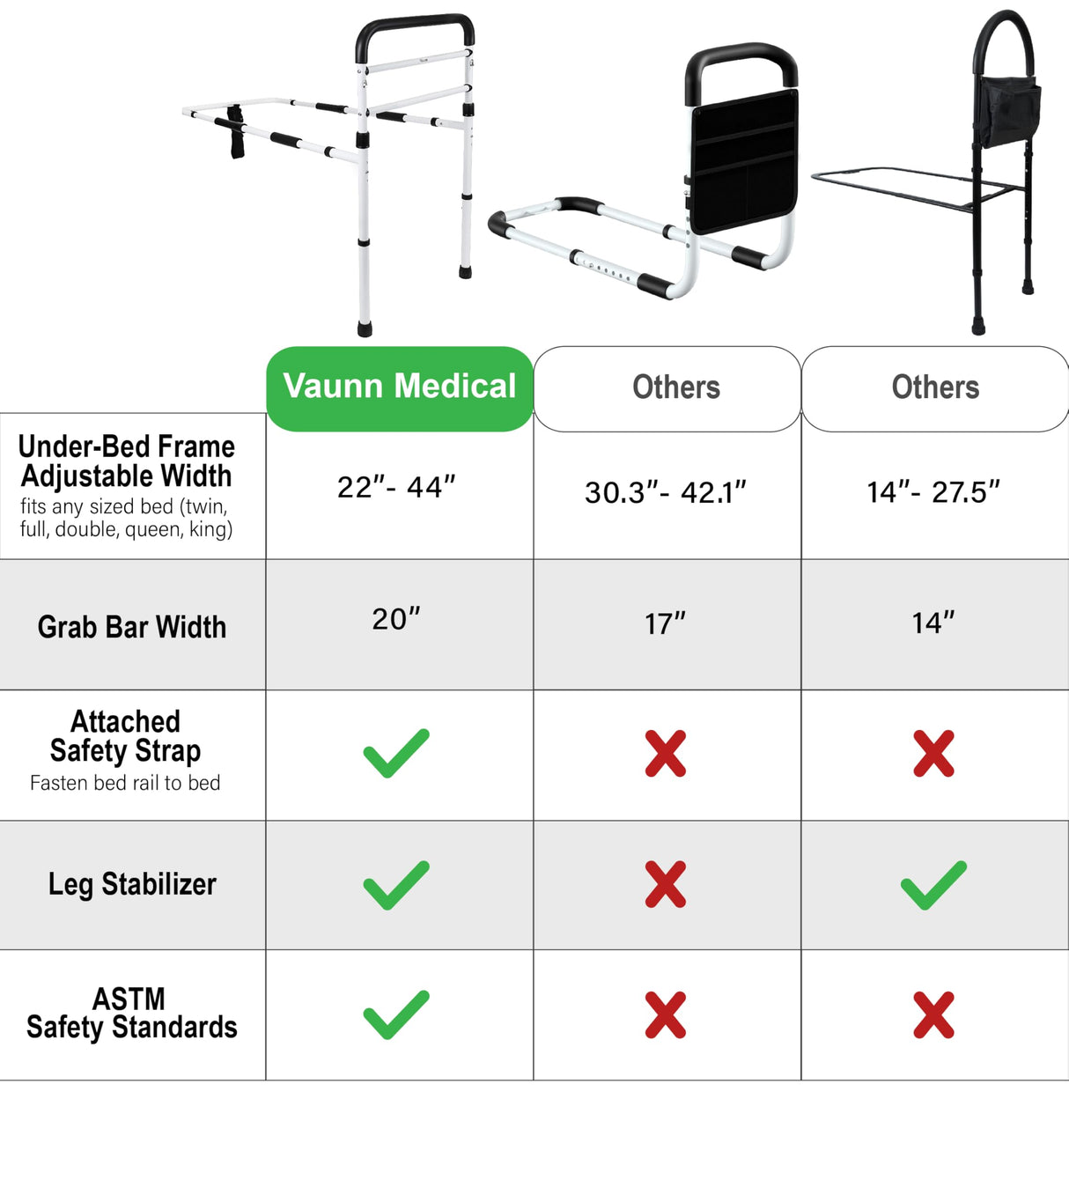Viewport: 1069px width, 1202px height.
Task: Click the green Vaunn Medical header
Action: pos(400,387)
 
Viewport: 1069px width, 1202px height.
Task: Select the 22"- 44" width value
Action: pos(396,487)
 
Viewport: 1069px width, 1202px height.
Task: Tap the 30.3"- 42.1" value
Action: pos(666,492)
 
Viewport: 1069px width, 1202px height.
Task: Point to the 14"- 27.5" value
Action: pos(933,492)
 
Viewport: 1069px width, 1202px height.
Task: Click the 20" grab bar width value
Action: pos(396,619)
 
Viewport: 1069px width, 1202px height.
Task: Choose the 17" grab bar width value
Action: pos(665,623)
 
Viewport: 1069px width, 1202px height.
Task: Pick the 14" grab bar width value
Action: pos(933,623)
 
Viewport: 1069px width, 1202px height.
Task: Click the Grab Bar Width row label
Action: pos(132,627)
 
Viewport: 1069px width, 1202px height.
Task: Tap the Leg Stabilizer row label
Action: pos(132,884)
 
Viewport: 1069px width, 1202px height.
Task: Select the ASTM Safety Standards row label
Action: pos(132,1014)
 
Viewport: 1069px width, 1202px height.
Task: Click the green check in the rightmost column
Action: pos(933,885)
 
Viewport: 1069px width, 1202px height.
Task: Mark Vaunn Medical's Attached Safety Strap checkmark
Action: pos(396,754)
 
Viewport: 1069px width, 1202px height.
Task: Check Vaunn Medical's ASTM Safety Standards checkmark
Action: pos(396,1014)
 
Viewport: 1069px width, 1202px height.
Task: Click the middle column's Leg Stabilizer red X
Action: pos(665,885)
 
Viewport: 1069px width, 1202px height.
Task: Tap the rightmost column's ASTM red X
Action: pos(933,1014)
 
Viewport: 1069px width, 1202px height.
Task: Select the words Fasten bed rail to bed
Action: pos(125,783)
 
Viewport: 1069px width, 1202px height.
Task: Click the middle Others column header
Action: pos(675,387)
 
